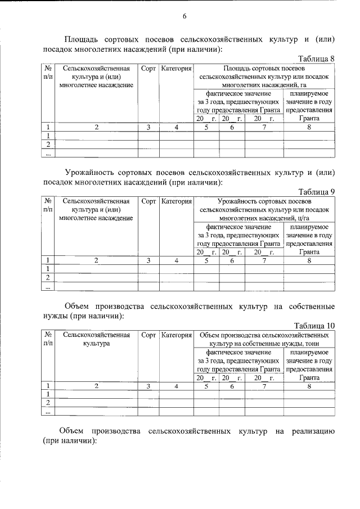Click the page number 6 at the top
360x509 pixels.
pyautogui.click(x=184, y=16)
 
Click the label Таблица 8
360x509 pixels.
pyautogui.click(x=317, y=58)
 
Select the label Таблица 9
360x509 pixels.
pyautogui.click(x=317, y=191)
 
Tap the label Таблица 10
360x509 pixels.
pyautogui.click(x=315, y=325)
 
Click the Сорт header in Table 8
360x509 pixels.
pyautogui.click(x=148, y=69)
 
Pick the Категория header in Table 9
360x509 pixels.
pyautogui.click(x=176, y=201)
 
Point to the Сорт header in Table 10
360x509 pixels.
pyautogui.click(x=148, y=335)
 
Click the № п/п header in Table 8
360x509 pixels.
pyautogui.click(x=48, y=73)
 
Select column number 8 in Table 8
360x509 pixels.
pyautogui.click(x=309, y=127)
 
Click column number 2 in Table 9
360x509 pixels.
pyautogui.click(x=96, y=260)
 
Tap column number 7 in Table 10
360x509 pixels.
pyautogui.click(x=264, y=386)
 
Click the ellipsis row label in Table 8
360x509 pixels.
pyautogui.click(x=48, y=153)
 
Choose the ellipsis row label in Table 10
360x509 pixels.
pyautogui.click(x=48, y=412)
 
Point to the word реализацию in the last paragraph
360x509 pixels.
pyautogui.click(x=313, y=431)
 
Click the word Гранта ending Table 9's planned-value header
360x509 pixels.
pyautogui.click(x=309, y=252)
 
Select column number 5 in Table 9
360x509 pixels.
pyautogui.click(x=206, y=260)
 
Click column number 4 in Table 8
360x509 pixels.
pyautogui.click(x=176, y=127)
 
